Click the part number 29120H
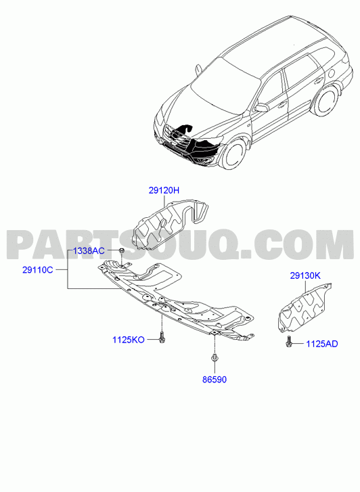164,190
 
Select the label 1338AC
89,250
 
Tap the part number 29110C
38,270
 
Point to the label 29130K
305,276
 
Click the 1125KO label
129,340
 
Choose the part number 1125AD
322,344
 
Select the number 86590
215,380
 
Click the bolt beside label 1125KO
162,337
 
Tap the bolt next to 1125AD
289,341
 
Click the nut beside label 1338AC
122,250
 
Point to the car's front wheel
233,154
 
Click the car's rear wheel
324,99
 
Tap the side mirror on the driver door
261,108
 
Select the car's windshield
225,83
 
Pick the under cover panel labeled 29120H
169,223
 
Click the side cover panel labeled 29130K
303,307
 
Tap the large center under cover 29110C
176,302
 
